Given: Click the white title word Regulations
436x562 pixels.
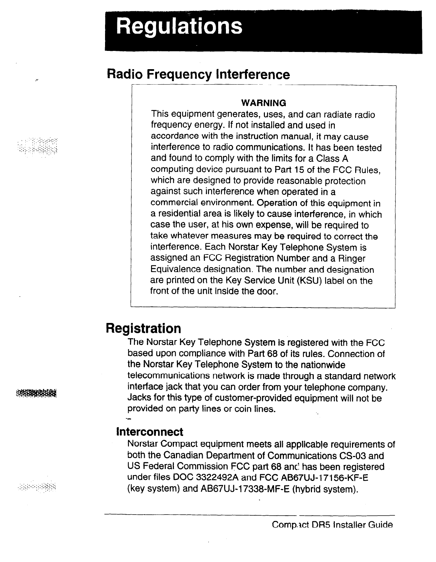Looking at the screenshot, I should coord(179,27).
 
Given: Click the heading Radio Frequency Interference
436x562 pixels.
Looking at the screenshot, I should coord(199,74).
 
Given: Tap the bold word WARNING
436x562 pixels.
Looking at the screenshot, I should coord(263,103).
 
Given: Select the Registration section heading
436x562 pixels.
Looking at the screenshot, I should coord(143,329).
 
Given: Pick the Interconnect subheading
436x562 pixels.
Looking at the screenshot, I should coord(150,431).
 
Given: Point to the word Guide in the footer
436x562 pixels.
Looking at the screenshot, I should coord(380,525).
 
